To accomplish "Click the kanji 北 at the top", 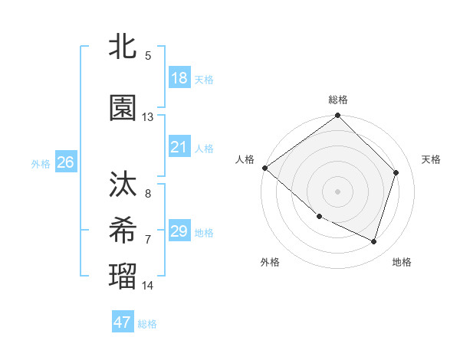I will click(x=123, y=47).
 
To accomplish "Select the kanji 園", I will click(x=123, y=109).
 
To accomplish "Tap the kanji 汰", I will click(x=123, y=185).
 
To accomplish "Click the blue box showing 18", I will click(x=179, y=77).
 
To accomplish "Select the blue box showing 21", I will click(x=179, y=147).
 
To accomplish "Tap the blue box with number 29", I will click(x=179, y=231).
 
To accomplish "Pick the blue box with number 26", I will click(x=65, y=162).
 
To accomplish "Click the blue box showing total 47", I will click(x=123, y=322).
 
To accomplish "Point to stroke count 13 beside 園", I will click(x=148, y=117).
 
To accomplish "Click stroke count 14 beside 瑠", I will click(x=148, y=286).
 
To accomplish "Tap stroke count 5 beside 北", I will click(x=148, y=56).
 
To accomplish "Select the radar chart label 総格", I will click(x=338, y=100).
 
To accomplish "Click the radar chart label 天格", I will click(x=432, y=159).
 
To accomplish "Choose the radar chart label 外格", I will click(x=270, y=262).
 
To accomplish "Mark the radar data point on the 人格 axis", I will click(x=264, y=168).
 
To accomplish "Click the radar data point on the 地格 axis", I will click(x=373, y=241).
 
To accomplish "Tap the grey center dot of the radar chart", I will click(x=338, y=191).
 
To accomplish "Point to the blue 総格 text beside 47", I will click(x=148, y=323).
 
